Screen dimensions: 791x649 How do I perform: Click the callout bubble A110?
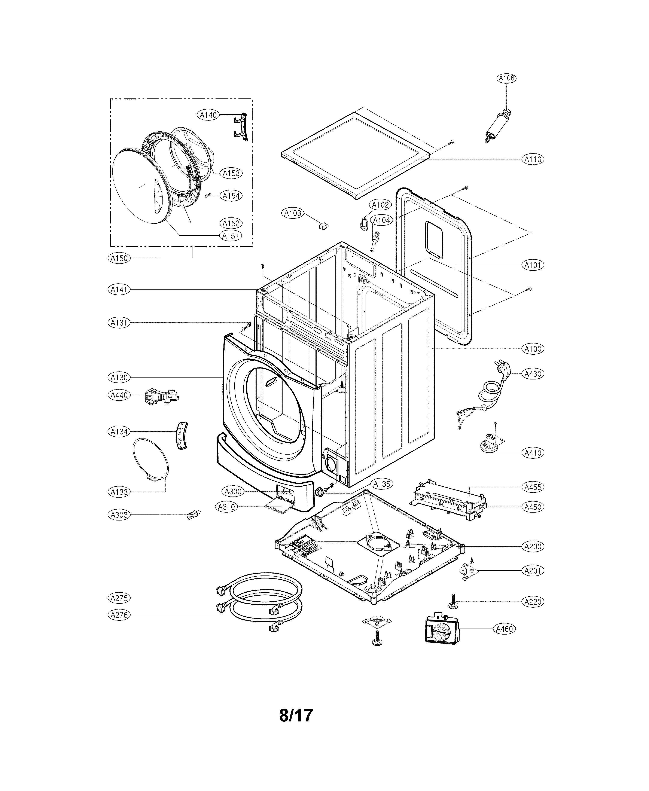(x=533, y=159)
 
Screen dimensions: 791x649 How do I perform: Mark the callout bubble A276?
(x=119, y=615)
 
